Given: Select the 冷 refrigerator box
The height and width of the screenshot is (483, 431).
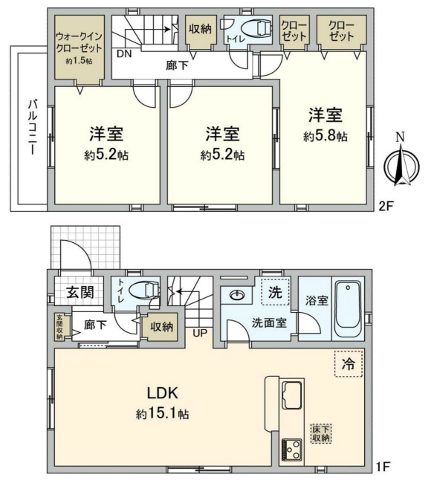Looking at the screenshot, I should coord(347,364).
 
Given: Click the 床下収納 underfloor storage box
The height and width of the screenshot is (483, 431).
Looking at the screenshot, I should coord(321,432).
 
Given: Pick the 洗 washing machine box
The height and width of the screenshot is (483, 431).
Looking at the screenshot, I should coord(274,293).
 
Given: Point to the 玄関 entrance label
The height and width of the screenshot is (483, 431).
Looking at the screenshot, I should coord(78,291).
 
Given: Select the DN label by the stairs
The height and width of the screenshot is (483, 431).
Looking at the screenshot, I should coord(124,54).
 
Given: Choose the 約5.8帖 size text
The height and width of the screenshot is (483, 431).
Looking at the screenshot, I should coord(325,137).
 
